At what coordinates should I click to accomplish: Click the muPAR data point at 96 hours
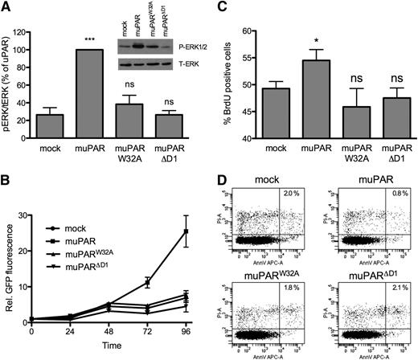pyautogui.click(x=186, y=231)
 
